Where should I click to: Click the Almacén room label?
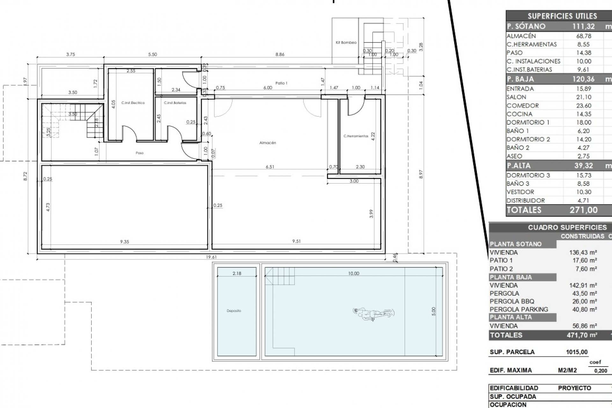267,143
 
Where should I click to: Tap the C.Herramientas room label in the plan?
356,136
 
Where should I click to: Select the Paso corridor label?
139,153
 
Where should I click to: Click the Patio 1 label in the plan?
281,83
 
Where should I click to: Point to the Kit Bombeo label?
346,42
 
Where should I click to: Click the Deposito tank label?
234,311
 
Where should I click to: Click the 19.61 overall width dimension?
211,257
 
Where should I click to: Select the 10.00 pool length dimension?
353,273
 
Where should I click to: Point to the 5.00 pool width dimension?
433,311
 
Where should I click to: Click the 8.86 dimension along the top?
280,55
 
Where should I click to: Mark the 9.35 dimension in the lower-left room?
124,242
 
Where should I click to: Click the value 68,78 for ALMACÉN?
583,36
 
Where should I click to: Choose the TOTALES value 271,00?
583,210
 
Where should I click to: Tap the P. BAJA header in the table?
520,79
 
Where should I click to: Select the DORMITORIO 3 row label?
528,175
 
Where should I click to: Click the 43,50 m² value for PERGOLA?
585,293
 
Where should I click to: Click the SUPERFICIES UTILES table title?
562,16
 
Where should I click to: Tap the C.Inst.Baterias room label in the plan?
175,103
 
